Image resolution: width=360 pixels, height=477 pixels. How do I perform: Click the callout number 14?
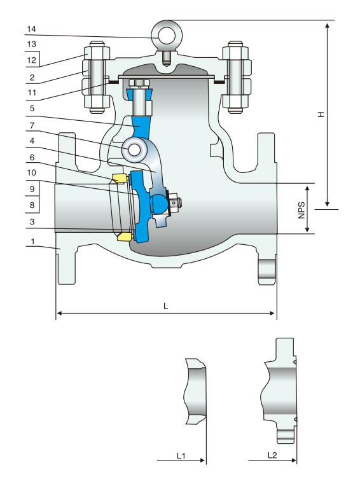click(x=31, y=29)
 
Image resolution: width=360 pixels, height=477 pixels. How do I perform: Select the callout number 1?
click(x=32, y=242)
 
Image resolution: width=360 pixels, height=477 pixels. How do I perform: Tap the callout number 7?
click(x=32, y=125)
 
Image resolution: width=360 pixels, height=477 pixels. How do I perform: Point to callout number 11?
click(x=32, y=93)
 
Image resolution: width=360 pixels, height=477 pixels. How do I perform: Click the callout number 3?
click(x=32, y=222)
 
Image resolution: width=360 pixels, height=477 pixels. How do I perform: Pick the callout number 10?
click(x=32, y=172)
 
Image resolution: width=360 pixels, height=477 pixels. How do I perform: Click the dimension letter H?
click(x=321, y=114)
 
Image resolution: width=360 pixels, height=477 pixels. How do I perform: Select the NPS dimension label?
click(x=301, y=210)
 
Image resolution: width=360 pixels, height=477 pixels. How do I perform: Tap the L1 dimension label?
click(x=181, y=456)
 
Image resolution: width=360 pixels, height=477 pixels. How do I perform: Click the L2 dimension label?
click(x=272, y=455)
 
